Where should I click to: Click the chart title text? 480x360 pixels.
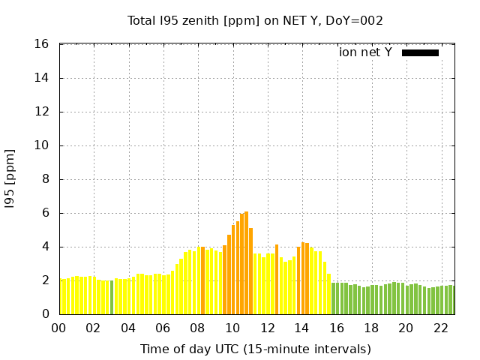255,20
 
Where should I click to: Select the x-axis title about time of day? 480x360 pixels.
255,349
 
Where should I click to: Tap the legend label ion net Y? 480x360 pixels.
365,52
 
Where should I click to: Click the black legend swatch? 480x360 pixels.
420,52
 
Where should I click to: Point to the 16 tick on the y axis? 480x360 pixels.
43,44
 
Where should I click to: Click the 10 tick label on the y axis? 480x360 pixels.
43,145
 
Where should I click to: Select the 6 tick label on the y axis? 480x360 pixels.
46,213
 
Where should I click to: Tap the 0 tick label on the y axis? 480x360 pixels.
46,314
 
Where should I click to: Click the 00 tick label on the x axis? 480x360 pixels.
59,328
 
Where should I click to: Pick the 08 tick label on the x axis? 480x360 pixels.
198,328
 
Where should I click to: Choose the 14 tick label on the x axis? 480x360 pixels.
301,328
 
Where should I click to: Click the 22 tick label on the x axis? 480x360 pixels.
440,328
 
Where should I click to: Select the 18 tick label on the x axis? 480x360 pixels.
371,328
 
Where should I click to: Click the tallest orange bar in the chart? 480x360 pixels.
246,262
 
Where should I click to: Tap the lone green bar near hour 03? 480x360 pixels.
112,298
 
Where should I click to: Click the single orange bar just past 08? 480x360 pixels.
202,280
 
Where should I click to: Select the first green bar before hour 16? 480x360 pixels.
333,298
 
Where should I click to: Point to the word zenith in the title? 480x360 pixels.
211,20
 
